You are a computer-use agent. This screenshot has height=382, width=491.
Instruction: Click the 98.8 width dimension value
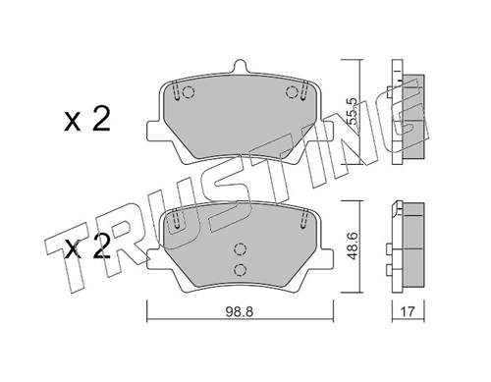pyautogui.click(x=239, y=312)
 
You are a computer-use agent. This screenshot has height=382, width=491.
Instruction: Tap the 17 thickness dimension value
pyautogui.click(x=408, y=311)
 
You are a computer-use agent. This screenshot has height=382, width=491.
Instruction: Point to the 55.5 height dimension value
pyautogui.click(x=354, y=112)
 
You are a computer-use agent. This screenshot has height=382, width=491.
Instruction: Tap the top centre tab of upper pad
pyautogui.click(x=240, y=66)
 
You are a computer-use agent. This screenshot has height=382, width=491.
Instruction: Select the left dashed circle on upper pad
pyautogui.click(x=189, y=92)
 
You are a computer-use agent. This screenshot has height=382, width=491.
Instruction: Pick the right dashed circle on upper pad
pyautogui.click(x=292, y=92)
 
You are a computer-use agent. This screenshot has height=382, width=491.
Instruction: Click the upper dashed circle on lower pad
pyautogui.click(x=240, y=249)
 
